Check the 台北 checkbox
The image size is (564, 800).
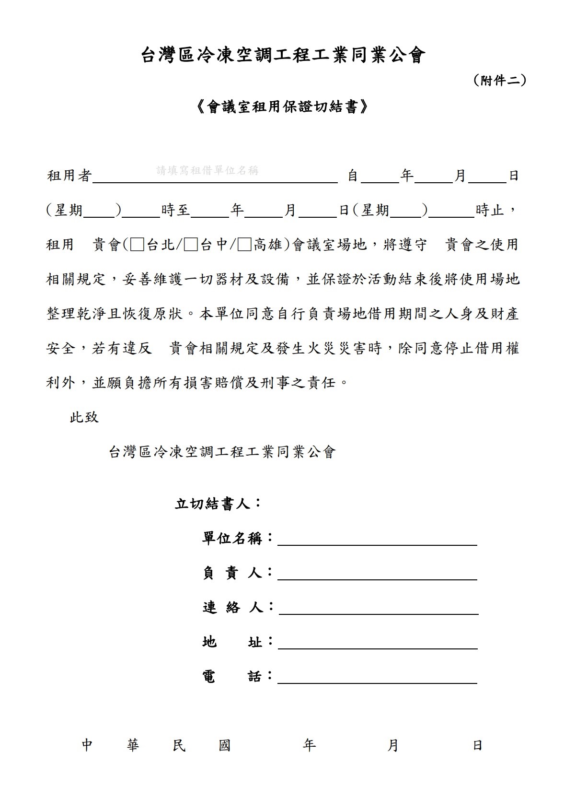tap(137, 245)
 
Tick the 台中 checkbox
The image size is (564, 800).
tap(191, 245)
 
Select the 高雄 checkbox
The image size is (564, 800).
tap(244, 245)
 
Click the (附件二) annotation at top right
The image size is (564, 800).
tap(500, 81)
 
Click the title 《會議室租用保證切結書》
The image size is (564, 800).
tap(283, 107)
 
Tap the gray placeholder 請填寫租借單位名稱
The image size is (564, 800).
tap(207, 171)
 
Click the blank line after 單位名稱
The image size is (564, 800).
tap(377, 540)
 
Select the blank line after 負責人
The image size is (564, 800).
tap(377, 574)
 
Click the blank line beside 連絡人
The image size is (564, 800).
tap(378, 609)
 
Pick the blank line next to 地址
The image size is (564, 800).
tap(378, 643)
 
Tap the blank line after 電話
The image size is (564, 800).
tap(377, 678)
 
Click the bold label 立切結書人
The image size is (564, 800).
tap(214, 504)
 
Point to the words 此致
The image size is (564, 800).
tap(84, 417)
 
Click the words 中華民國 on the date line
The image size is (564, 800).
tap(156, 745)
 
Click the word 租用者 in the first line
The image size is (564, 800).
tap(69, 176)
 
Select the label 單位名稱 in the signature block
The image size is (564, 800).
tap(232, 539)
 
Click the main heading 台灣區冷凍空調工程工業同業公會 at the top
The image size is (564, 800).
tap(283, 56)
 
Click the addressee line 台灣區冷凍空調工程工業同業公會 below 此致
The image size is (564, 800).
tap(222, 452)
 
